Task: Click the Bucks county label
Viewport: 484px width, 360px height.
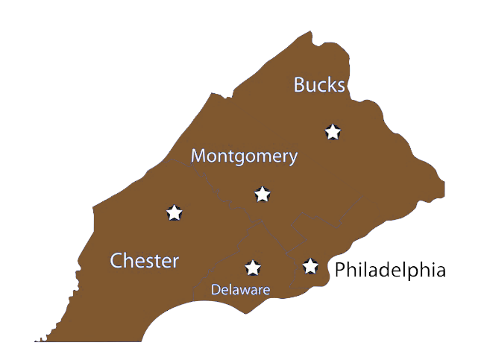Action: pyautogui.click(x=319, y=85)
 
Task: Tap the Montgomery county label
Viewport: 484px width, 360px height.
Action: pyautogui.click(x=244, y=157)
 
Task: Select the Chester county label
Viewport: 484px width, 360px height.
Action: pyautogui.click(x=145, y=261)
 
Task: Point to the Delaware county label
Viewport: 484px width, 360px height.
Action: pyautogui.click(x=240, y=289)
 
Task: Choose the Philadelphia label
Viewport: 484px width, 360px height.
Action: pyautogui.click(x=389, y=270)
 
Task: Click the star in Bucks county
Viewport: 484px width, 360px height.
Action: pyautogui.click(x=333, y=132)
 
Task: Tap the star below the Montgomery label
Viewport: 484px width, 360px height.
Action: pyautogui.click(x=262, y=194)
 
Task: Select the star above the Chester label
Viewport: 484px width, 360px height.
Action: pyautogui.click(x=174, y=212)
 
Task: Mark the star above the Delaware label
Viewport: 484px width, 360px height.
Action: pyautogui.click(x=253, y=267)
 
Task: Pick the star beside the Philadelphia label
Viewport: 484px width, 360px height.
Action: pyautogui.click(x=310, y=265)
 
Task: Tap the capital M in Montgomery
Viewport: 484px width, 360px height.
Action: pyautogui.click(x=199, y=157)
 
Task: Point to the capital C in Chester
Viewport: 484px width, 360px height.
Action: pyautogui.click(x=117, y=261)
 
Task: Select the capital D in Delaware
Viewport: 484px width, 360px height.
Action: pyautogui.click(x=215, y=289)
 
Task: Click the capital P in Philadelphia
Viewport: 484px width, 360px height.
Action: pyautogui.click(x=341, y=270)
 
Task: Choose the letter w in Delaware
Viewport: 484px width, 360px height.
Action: pyautogui.click(x=247, y=290)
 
